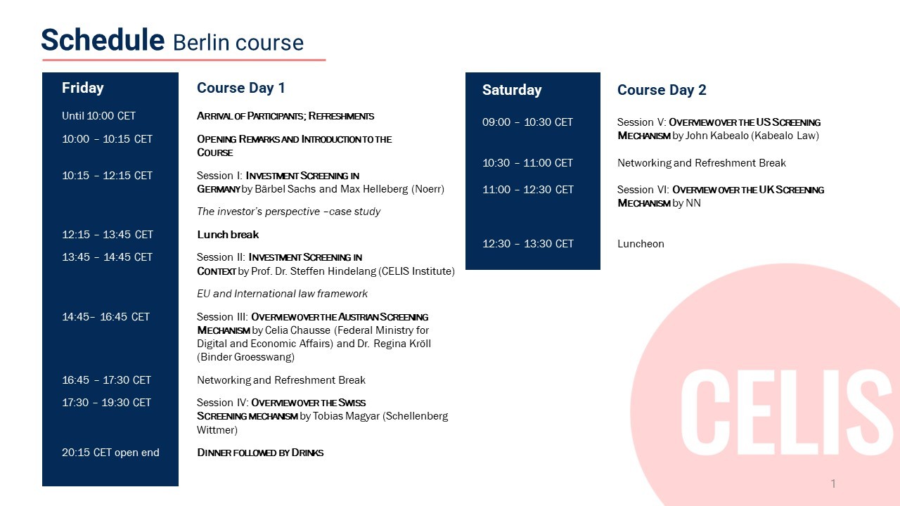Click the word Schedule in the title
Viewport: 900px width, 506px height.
102,40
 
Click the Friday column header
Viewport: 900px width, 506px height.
82,88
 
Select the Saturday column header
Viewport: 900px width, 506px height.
511,90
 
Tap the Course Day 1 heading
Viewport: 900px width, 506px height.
240,88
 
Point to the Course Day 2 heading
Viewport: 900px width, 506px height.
661,90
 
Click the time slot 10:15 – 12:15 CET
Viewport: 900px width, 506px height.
107,176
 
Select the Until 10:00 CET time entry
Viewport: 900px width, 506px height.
98,116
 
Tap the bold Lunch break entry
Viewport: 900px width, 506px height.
228,235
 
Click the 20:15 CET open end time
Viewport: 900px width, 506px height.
110,453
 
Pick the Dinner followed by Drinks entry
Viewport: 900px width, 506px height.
260,453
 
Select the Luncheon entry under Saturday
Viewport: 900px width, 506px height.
641,244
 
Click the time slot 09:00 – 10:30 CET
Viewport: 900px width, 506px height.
527,122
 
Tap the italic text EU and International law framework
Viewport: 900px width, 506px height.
282,294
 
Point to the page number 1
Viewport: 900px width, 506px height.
833,484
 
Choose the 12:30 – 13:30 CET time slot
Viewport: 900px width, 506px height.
527,244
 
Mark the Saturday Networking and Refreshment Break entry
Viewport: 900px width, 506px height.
701,163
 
